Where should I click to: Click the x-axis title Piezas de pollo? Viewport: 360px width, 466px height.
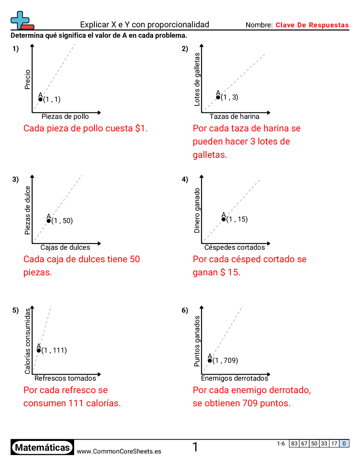(x=65, y=116)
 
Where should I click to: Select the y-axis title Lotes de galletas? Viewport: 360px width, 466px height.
(x=197, y=79)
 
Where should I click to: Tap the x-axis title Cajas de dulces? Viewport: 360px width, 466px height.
(x=65, y=247)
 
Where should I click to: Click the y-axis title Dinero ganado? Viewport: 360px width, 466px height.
(x=197, y=210)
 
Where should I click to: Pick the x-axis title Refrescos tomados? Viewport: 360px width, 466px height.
(x=65, y=378)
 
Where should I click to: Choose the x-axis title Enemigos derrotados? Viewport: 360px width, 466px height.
(x=234, y=378)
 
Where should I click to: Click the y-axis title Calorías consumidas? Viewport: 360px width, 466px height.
(x=28, y=341)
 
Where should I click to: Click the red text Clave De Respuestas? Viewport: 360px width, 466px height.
(x=312, y=25)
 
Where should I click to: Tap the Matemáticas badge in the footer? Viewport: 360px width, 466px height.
(x=42, y=448)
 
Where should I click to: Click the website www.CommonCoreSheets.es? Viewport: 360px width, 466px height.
(x=119, y=451)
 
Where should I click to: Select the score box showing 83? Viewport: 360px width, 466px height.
(x=294, y=443)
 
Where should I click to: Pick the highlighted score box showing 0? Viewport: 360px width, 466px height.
(x=344, y=443)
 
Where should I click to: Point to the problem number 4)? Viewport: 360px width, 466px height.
(x=185, y=179)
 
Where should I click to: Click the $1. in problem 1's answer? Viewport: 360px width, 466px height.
(x=142, y=128)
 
